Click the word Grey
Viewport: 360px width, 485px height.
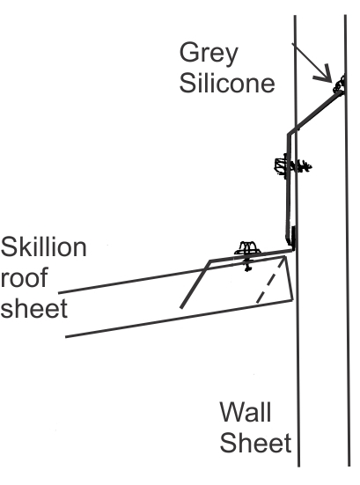tap(209, 54)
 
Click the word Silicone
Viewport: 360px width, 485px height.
tap(227, 84)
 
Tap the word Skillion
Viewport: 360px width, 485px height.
tap(43, 246)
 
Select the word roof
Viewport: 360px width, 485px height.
tap(24, 277)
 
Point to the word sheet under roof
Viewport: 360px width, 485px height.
tap(33, 308)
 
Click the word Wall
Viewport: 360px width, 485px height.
tap(246, 412)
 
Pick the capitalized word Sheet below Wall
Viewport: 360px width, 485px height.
tap(255, 443)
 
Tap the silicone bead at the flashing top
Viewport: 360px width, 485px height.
tap(339, 85)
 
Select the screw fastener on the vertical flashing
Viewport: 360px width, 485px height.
tap(292, 166)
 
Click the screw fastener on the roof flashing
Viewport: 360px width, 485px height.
tap(247, 255)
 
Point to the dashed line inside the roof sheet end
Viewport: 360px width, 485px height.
tap(270, 280)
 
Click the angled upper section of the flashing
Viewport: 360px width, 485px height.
tap(315, 113)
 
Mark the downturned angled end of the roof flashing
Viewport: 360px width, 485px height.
tap(195, 284)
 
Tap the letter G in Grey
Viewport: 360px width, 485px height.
tap(188, 53)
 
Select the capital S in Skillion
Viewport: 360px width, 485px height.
tap(8, 246)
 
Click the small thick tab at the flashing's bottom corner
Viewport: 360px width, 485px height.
tap(293, 236)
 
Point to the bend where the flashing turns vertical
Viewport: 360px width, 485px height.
tap(289, 135)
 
